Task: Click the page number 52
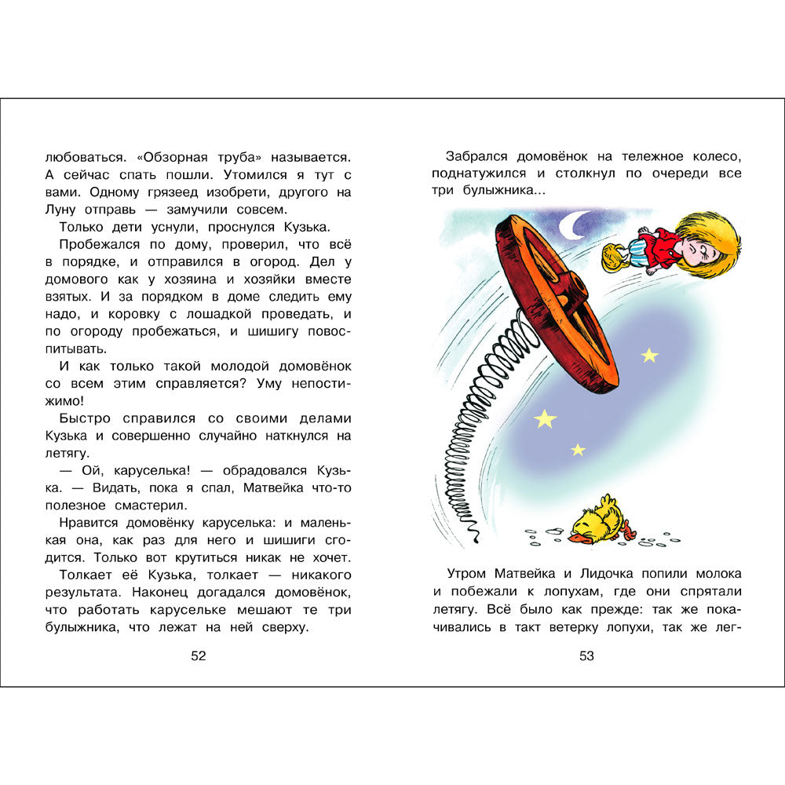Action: [199, 656]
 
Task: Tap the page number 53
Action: [586, 656]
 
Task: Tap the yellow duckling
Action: [601, 520]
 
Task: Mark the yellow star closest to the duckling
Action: [578, 450]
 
